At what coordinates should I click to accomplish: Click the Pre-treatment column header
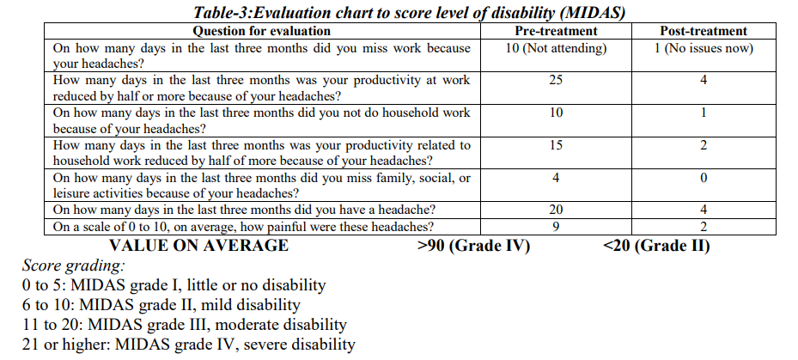click(x=556, y=32)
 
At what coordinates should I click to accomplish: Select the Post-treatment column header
click(x=703, y=32)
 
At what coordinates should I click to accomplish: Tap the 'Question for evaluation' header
click(x=261, y=32)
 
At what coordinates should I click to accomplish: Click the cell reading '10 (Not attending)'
click(x=556, y=48)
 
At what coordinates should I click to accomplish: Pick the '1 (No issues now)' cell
click(x=703, y=48)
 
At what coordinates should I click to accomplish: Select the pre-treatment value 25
click(x=556, y=80)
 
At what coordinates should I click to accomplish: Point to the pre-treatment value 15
click(x=556, y=145)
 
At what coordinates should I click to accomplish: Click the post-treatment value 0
click(x=703, y=178)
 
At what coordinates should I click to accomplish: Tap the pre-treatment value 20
click(x=556, y=211)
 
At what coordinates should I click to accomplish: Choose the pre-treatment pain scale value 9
click(x=556, y=227)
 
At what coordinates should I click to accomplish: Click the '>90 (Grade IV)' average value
click(x=473, y=246)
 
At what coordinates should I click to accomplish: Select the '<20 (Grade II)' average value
click(x=657, y=246)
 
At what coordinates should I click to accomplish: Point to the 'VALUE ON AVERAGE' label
click(x=199, y=246)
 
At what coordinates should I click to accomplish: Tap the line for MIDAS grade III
click(x=185, y=325)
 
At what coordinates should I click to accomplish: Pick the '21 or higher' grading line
click(x=188, y=345)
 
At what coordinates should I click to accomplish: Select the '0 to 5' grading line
click(x=174, y=285)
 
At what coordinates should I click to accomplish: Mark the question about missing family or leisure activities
click(x=261, y=186)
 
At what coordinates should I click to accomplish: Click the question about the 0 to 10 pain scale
click(x=244, y=227)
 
